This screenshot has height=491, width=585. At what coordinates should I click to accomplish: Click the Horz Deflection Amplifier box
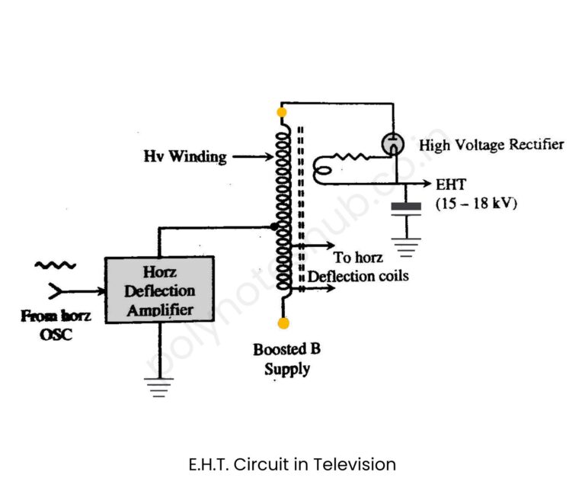tap(159, 290)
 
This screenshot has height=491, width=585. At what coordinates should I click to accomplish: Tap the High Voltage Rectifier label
tap(491, 144)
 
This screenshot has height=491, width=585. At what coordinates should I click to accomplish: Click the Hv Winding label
tap(185, 157)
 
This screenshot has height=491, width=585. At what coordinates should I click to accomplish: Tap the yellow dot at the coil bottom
tap(283, 323)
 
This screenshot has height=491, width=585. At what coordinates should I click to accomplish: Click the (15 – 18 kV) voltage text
tap(475, 204)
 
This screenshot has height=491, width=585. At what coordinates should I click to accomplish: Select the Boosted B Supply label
tap(287, 359)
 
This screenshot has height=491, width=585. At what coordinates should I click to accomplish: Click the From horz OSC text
tap(56, 325)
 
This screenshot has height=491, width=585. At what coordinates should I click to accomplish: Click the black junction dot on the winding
tap(273, 226)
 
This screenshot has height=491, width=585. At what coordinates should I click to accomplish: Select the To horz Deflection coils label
tap(358, 267)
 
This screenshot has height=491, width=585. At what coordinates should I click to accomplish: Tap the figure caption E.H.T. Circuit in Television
tap(292, 464)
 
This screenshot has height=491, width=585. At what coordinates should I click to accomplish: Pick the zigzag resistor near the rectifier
tap(351, 159)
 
